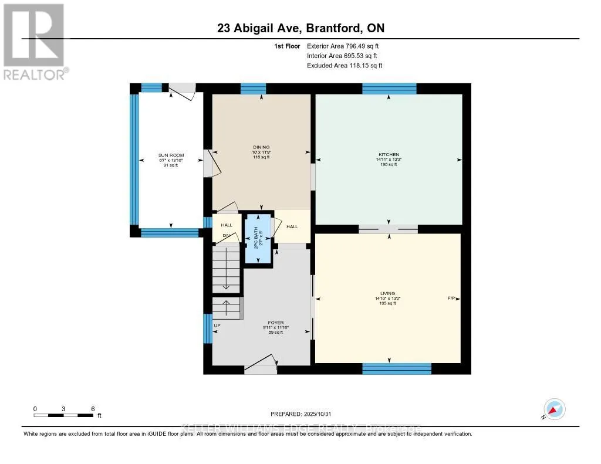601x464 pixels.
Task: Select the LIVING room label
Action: pyautogui.click(x=387, y=293)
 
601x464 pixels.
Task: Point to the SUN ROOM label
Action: pyautogui.click(x=170, y=155)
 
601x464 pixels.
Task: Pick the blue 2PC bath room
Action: pyautogui.click(x=258, y=238)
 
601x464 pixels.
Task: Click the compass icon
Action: pyautogui.click(x=554, y=409)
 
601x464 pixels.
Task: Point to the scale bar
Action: pyautogui.click(x=63, y=415)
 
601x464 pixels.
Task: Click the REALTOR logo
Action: pyautogui.click(x=34, y=41)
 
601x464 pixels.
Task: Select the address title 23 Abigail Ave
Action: pyautogui.click(x=300, y=29)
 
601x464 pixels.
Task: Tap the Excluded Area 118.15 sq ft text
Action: pyautogui.click(x=345, y=66)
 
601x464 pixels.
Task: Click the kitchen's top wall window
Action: pyautogui.click(x=389, y=89)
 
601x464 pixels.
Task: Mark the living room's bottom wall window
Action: pyautogui.click(x=397, y=368)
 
